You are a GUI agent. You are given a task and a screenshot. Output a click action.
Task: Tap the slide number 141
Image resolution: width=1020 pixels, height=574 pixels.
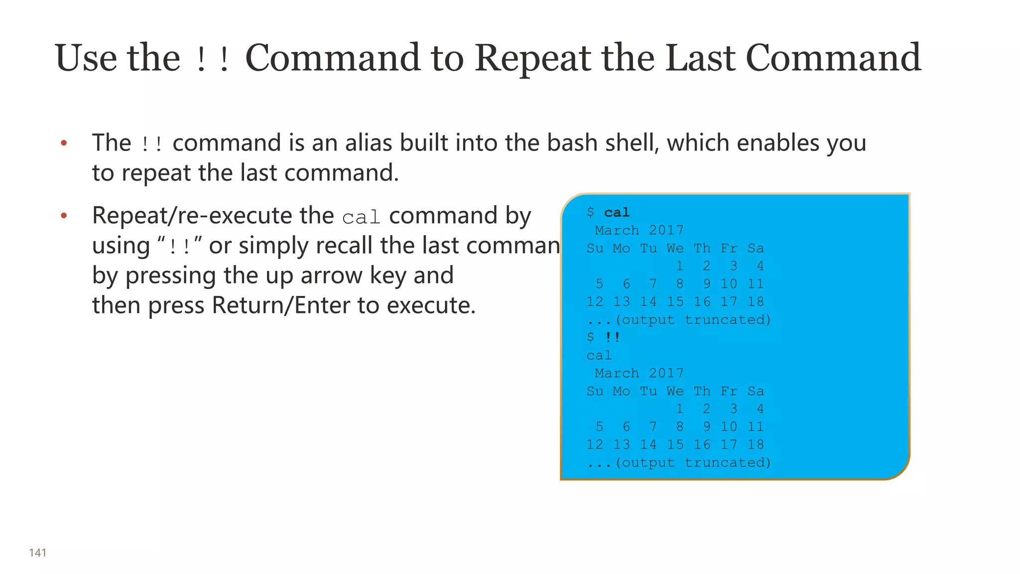(x=38, y=553)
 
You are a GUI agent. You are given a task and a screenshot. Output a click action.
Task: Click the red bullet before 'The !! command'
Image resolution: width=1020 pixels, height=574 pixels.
(x=64, y=143)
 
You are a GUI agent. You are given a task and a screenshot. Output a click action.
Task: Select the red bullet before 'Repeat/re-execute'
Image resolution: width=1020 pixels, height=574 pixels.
(x=64, y=216)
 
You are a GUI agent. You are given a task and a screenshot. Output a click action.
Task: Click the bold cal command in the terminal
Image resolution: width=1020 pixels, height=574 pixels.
(x=617, y=213)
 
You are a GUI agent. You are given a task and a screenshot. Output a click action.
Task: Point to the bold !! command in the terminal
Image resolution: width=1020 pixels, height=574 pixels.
(x=612, y=337)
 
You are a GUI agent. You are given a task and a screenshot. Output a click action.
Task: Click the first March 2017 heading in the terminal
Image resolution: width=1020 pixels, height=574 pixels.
(x=639, y=230)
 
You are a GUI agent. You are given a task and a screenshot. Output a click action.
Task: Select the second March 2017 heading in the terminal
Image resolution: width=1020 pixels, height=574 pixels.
(x=639, y=373)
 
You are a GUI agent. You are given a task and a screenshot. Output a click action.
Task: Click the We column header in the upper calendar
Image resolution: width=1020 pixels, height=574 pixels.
(x=675, y=248)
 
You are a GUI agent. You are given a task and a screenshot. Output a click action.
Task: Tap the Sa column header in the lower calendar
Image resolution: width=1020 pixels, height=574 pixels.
(x=755, y=391)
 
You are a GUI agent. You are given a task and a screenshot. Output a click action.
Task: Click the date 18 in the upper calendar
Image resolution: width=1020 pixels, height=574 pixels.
(x=755, y=302)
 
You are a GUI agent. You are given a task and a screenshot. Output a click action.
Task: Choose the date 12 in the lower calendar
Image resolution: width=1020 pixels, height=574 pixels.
(x=595, y=444)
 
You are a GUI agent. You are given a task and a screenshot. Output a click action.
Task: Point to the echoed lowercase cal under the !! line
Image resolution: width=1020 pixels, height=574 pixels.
(x=599, y=356)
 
